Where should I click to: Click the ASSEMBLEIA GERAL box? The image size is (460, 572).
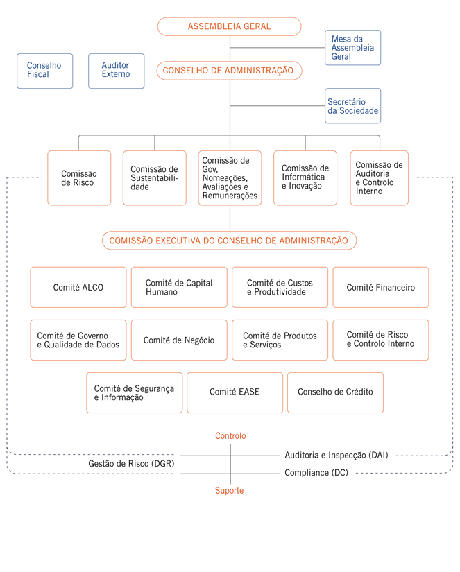(x=229, y=26)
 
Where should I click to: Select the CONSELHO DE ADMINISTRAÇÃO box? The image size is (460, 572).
(x=229, y=71)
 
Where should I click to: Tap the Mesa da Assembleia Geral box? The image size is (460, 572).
(x=352, y=48)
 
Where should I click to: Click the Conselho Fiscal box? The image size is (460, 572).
(x=45, y=71)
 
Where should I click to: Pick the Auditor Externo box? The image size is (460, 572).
(x=116, y=71)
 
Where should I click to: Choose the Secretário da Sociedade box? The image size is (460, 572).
(x=352, y=106)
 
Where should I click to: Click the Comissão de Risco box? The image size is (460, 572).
(x=79, y=178)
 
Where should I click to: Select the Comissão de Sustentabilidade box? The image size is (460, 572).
(x=155, y=178)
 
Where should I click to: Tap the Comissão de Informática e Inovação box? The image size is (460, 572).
(x=305, y=178)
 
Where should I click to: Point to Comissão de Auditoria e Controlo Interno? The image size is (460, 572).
(x=380, y=178)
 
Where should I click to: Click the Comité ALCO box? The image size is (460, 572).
(x=78, y=288)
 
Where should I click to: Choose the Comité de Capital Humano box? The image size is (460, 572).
(x=179, y=288)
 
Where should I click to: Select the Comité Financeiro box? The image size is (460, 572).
(x=381, y=288)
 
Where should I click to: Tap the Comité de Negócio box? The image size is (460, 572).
(x=179, y=340)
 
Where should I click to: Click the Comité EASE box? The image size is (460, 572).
(x=235, y=392)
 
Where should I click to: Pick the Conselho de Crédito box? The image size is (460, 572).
(x=336, y=392)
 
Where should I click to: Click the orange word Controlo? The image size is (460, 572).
(x=230, y=436)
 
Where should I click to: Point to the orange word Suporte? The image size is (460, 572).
(x=229, y=491)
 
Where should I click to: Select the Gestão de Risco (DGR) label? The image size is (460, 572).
(x=131, y=464)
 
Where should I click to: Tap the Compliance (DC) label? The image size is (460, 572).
(x=316, y=473)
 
